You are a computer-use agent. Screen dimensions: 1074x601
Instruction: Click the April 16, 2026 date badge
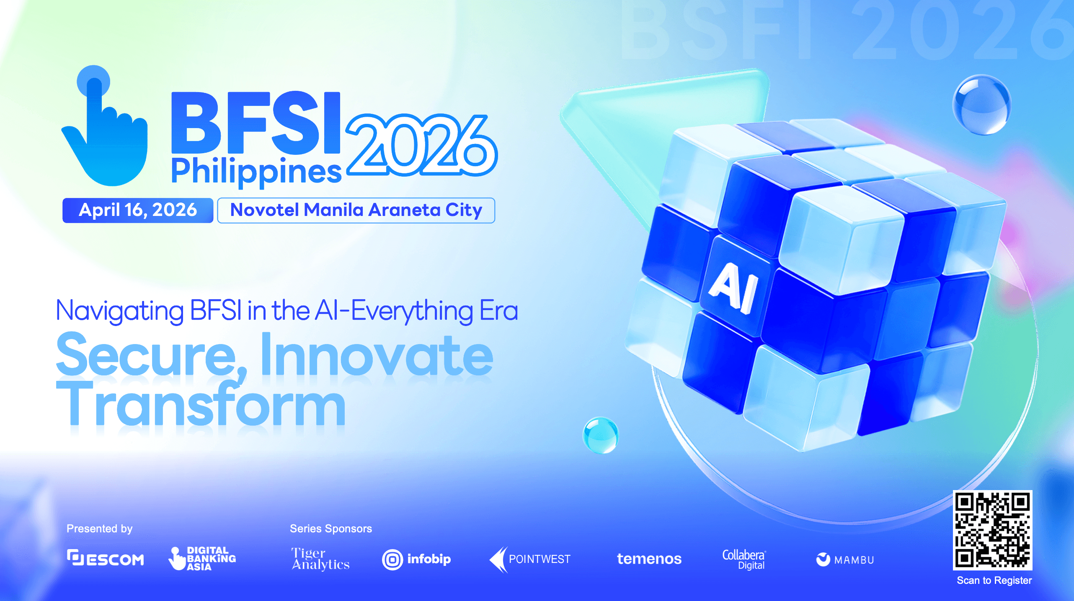(138, 210)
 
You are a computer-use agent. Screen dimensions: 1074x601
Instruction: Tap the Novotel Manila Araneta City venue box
(356, 210)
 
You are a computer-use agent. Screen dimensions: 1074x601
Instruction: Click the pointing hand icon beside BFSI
(105, 126)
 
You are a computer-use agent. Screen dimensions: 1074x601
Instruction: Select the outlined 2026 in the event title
(421, 145)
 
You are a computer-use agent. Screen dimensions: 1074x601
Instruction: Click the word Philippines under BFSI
(256, 172)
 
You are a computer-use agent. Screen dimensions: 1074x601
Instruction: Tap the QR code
(992, 530)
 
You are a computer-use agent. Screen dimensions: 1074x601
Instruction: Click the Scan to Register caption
(994, 580)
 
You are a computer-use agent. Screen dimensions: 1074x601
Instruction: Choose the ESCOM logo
(106, 558)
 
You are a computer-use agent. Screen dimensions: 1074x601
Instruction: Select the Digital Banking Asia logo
(202, 558)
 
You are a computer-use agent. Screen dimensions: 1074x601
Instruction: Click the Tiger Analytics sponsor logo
(320, 559)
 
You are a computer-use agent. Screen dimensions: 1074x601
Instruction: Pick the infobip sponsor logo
(416, 560)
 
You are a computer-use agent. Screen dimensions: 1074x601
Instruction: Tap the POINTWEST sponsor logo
(530, 560)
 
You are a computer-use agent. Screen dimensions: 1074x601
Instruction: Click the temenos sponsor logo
(649, 559)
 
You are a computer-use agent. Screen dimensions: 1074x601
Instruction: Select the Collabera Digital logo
(744, 560)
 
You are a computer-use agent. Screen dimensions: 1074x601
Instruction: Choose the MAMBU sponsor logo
(845, 560)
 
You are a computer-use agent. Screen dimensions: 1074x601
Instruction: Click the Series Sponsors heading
(331, 529)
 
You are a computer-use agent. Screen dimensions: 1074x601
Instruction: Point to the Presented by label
(100, 529)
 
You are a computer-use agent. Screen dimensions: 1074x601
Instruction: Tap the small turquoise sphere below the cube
(601, 435)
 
